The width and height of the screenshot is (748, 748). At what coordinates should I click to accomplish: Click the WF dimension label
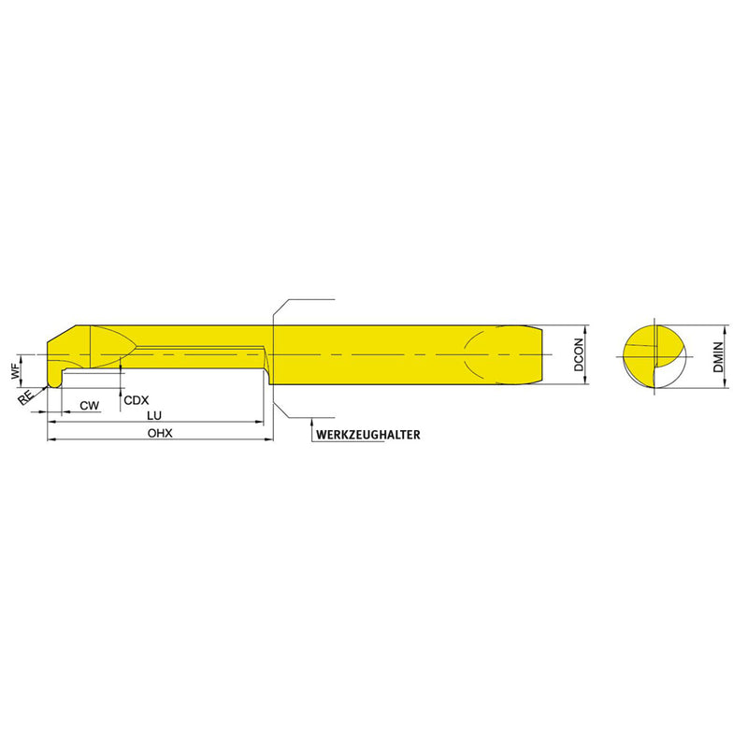click(16, 370)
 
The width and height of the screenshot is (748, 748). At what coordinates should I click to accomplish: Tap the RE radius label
click(26, 396)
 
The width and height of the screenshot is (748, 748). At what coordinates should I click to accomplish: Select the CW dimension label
click(89, 406)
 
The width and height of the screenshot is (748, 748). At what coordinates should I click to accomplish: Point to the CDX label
click(136, 400)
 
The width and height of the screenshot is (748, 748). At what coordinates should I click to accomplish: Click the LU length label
click(154, 415)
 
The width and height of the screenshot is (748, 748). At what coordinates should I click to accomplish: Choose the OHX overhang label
click(160, 433)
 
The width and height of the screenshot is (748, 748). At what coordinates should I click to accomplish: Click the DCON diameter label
click(579, 355)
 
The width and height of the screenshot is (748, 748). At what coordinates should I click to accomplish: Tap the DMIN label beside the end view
click(718, 357)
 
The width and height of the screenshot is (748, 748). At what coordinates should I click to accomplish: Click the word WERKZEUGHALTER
click(367, 435)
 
